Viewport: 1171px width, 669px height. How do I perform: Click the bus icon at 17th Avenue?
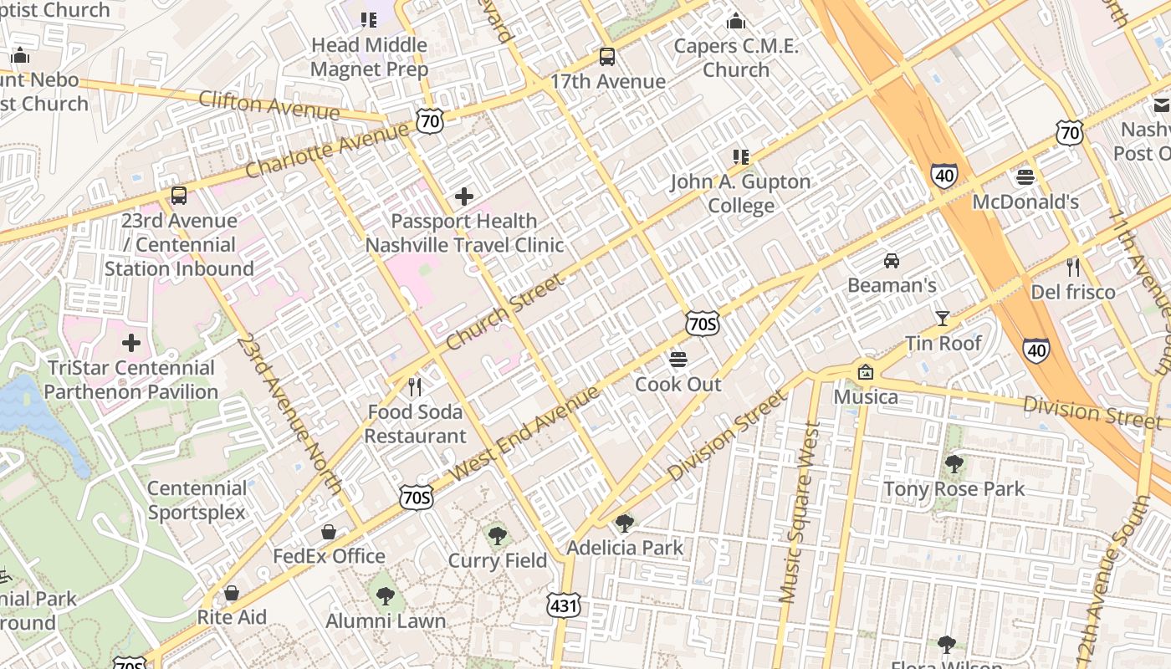click(607, 57)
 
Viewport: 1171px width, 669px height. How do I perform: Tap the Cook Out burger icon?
click(678, 360)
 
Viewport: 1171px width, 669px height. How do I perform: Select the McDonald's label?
click(1025, 202)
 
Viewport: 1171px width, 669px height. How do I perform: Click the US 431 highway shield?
click(565, 605)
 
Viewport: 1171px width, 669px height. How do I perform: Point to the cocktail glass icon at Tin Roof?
click(943, 318)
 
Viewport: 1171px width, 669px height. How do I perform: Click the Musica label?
click(866, 396)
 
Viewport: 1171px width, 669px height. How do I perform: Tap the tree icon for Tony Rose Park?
click(954, 464)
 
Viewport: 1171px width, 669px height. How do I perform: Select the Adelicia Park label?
click(625, 548)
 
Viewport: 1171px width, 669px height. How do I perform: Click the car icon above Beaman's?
click(892, 261)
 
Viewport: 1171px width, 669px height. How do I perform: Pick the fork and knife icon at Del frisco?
click(1073, 268)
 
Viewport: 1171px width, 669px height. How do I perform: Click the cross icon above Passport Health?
click(464, 197)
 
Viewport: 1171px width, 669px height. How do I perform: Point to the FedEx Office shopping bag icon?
click(329, 532)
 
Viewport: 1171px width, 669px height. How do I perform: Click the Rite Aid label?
click(232, 617)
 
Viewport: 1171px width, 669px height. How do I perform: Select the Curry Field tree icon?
click(498, 535)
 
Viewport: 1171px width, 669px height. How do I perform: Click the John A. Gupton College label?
click(740, 193)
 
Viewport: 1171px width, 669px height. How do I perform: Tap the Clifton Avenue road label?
click(269, 105)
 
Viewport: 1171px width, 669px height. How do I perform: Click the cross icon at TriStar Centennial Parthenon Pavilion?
click(131, 344)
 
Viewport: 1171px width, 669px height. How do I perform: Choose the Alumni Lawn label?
click(386, 621)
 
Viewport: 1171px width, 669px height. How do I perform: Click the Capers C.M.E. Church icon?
click(736, 21)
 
